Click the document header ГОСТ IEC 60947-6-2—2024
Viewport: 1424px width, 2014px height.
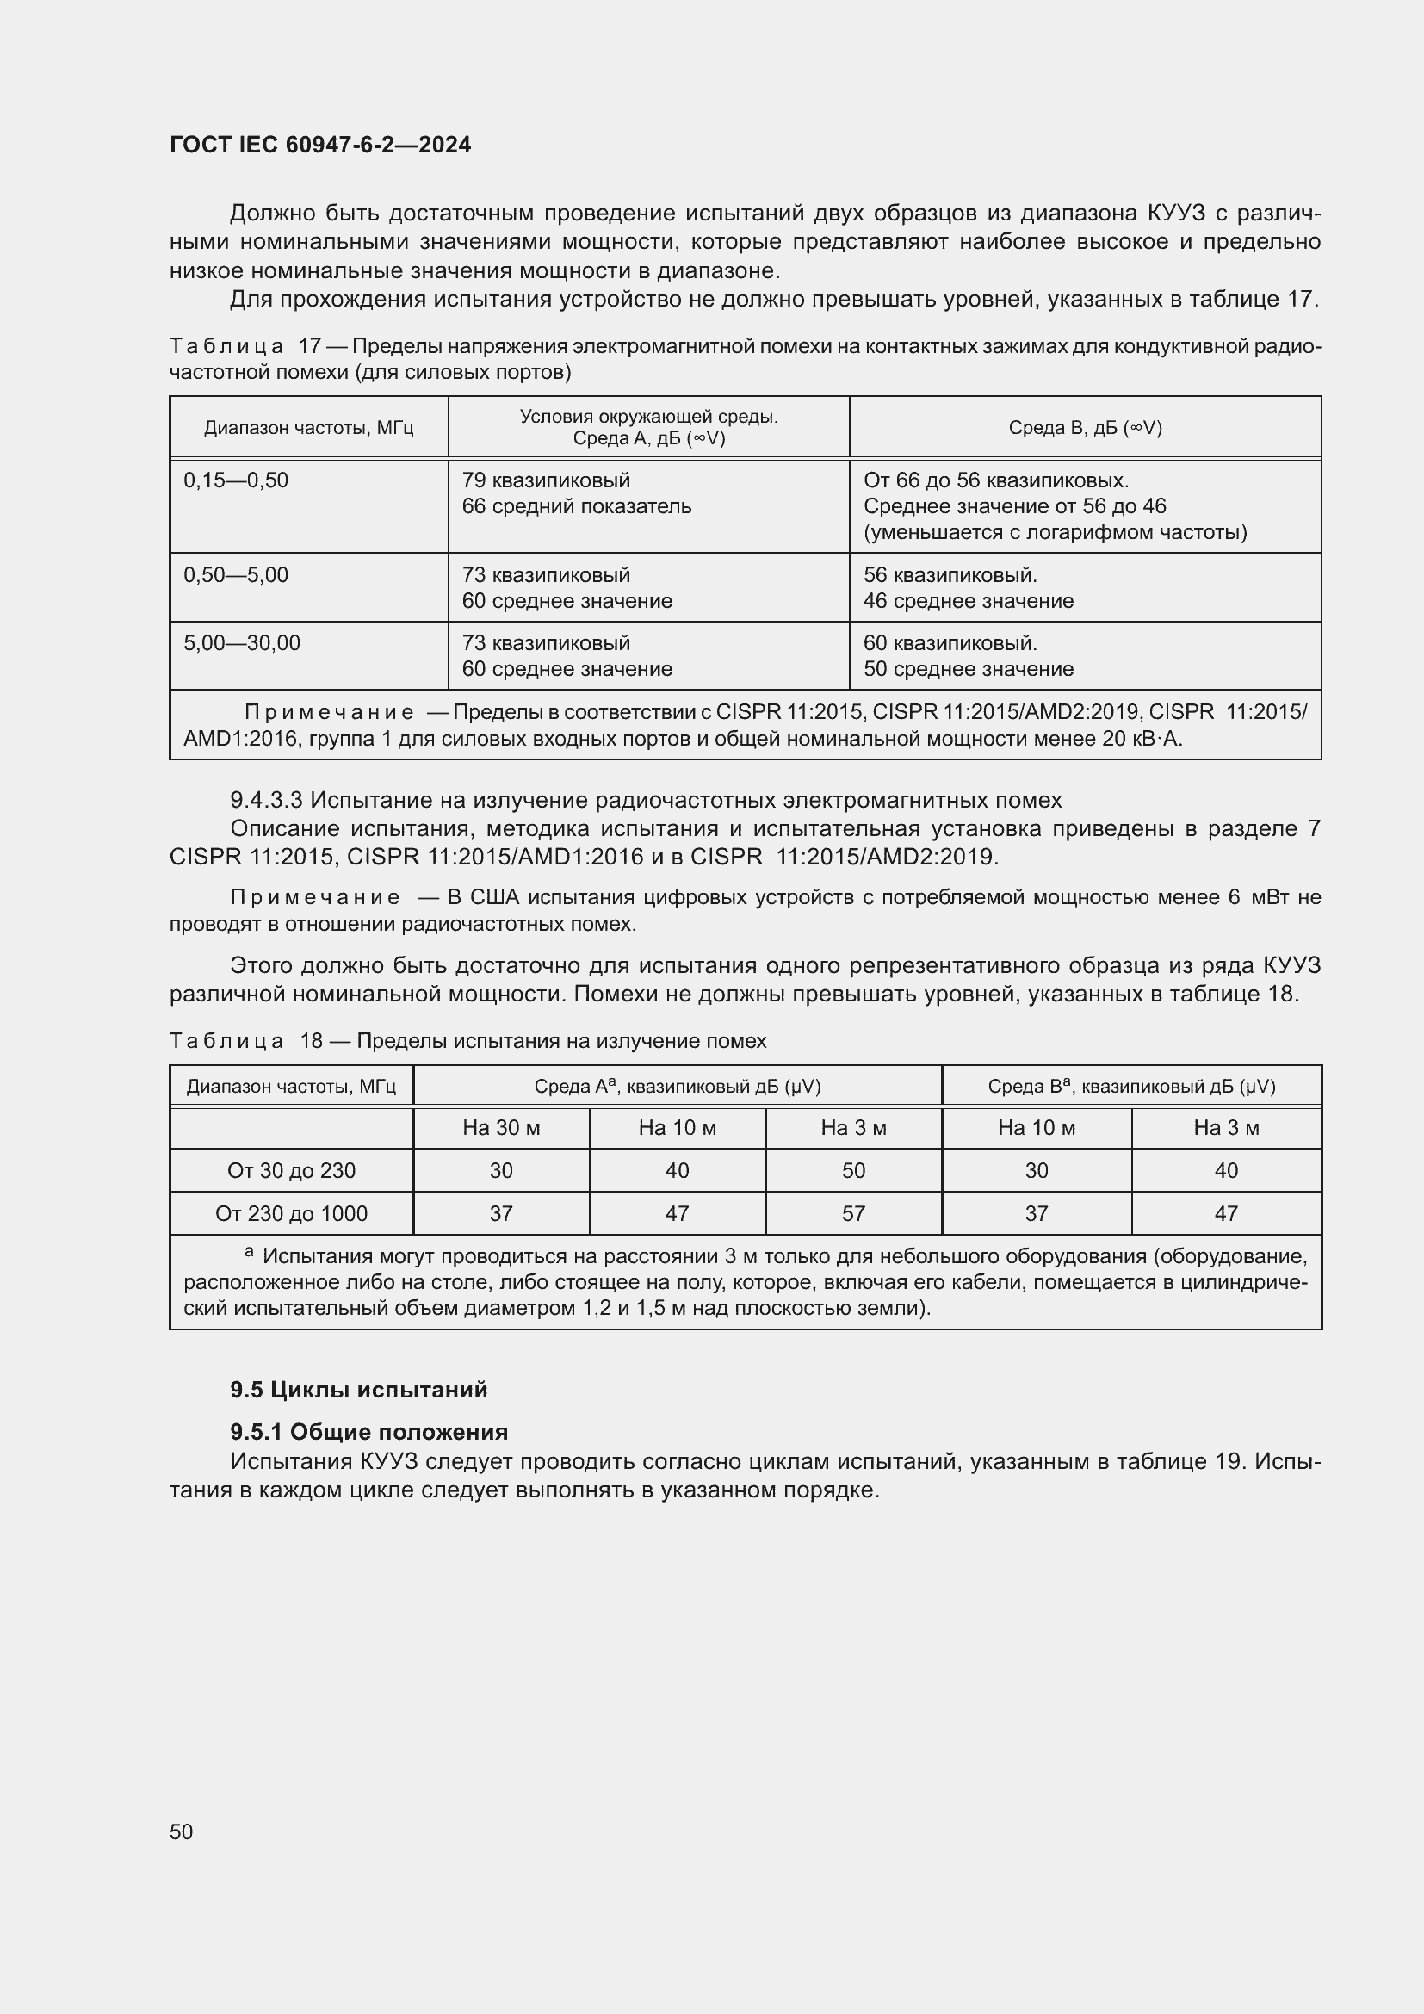[x=320, y=145]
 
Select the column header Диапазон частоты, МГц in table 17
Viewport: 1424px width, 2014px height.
[x=309, y=428]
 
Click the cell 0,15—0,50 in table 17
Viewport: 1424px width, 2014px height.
[x=236, y=480]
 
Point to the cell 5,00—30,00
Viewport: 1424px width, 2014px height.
[x=242, y=643]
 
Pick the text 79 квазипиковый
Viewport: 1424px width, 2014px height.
[x=545, y=480]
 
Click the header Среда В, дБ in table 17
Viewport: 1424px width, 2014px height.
[x=1085, y=428]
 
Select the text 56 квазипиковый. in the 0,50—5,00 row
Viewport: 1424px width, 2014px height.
[x=950, y=575]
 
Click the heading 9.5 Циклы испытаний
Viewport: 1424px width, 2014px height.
[x=359, y=1390]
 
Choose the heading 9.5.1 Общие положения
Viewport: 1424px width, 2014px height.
[x=369, y=1432]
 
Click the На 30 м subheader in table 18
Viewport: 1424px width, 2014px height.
[x=501, y=1128]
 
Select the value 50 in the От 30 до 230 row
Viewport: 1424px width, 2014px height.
[x=853, y=1170]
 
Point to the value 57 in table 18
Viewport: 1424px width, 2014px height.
[x=853, y=1213]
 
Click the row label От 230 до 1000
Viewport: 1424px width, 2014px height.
[x=291, y=1213]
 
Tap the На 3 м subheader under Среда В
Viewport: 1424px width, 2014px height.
[x=1226, y=1128]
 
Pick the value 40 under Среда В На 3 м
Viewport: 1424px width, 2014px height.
[x=1226, y=1170]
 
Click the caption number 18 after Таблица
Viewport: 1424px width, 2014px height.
[x=312, y=1041]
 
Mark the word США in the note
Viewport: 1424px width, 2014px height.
[x=496, y=897]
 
